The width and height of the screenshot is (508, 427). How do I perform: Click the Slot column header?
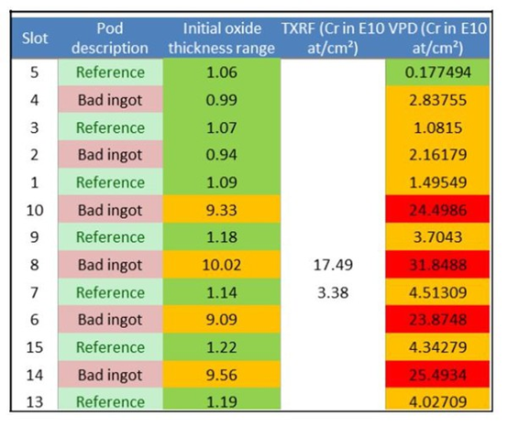tap(35, 38)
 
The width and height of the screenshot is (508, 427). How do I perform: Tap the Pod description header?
tap(110, 38)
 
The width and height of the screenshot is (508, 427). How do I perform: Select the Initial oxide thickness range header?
tap(222, 38)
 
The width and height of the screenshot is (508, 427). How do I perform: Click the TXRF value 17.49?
tap(333, 265)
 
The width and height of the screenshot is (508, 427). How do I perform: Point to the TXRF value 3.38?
tap(333, 292)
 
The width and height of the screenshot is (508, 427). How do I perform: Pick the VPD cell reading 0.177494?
tap(437, 72)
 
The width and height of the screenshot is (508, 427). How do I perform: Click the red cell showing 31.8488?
tap(437, 265)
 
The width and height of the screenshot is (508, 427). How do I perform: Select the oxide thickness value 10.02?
tap(222, 265)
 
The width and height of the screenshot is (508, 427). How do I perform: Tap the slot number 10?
tap(35, 211)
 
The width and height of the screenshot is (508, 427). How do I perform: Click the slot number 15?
tap(35, 347)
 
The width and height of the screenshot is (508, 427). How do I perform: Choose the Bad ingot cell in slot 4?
tap(110, 100)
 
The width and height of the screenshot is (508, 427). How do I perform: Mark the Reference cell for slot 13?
tap(110, 401)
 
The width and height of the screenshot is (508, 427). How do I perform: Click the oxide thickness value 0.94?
tap(222, 155)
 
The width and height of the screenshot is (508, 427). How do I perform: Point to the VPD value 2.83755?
tap(437, 100)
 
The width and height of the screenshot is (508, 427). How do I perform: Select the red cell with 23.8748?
tap(437, 320)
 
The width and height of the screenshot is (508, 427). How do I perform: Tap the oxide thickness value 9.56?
tap(222, 375)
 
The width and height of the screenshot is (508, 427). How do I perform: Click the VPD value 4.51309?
tap(437, 292)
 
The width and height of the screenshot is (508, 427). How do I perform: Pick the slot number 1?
tap(35, 183)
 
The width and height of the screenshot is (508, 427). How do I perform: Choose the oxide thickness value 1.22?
tap(222, 347)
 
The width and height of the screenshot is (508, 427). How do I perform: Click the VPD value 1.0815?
tap(437, 128)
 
